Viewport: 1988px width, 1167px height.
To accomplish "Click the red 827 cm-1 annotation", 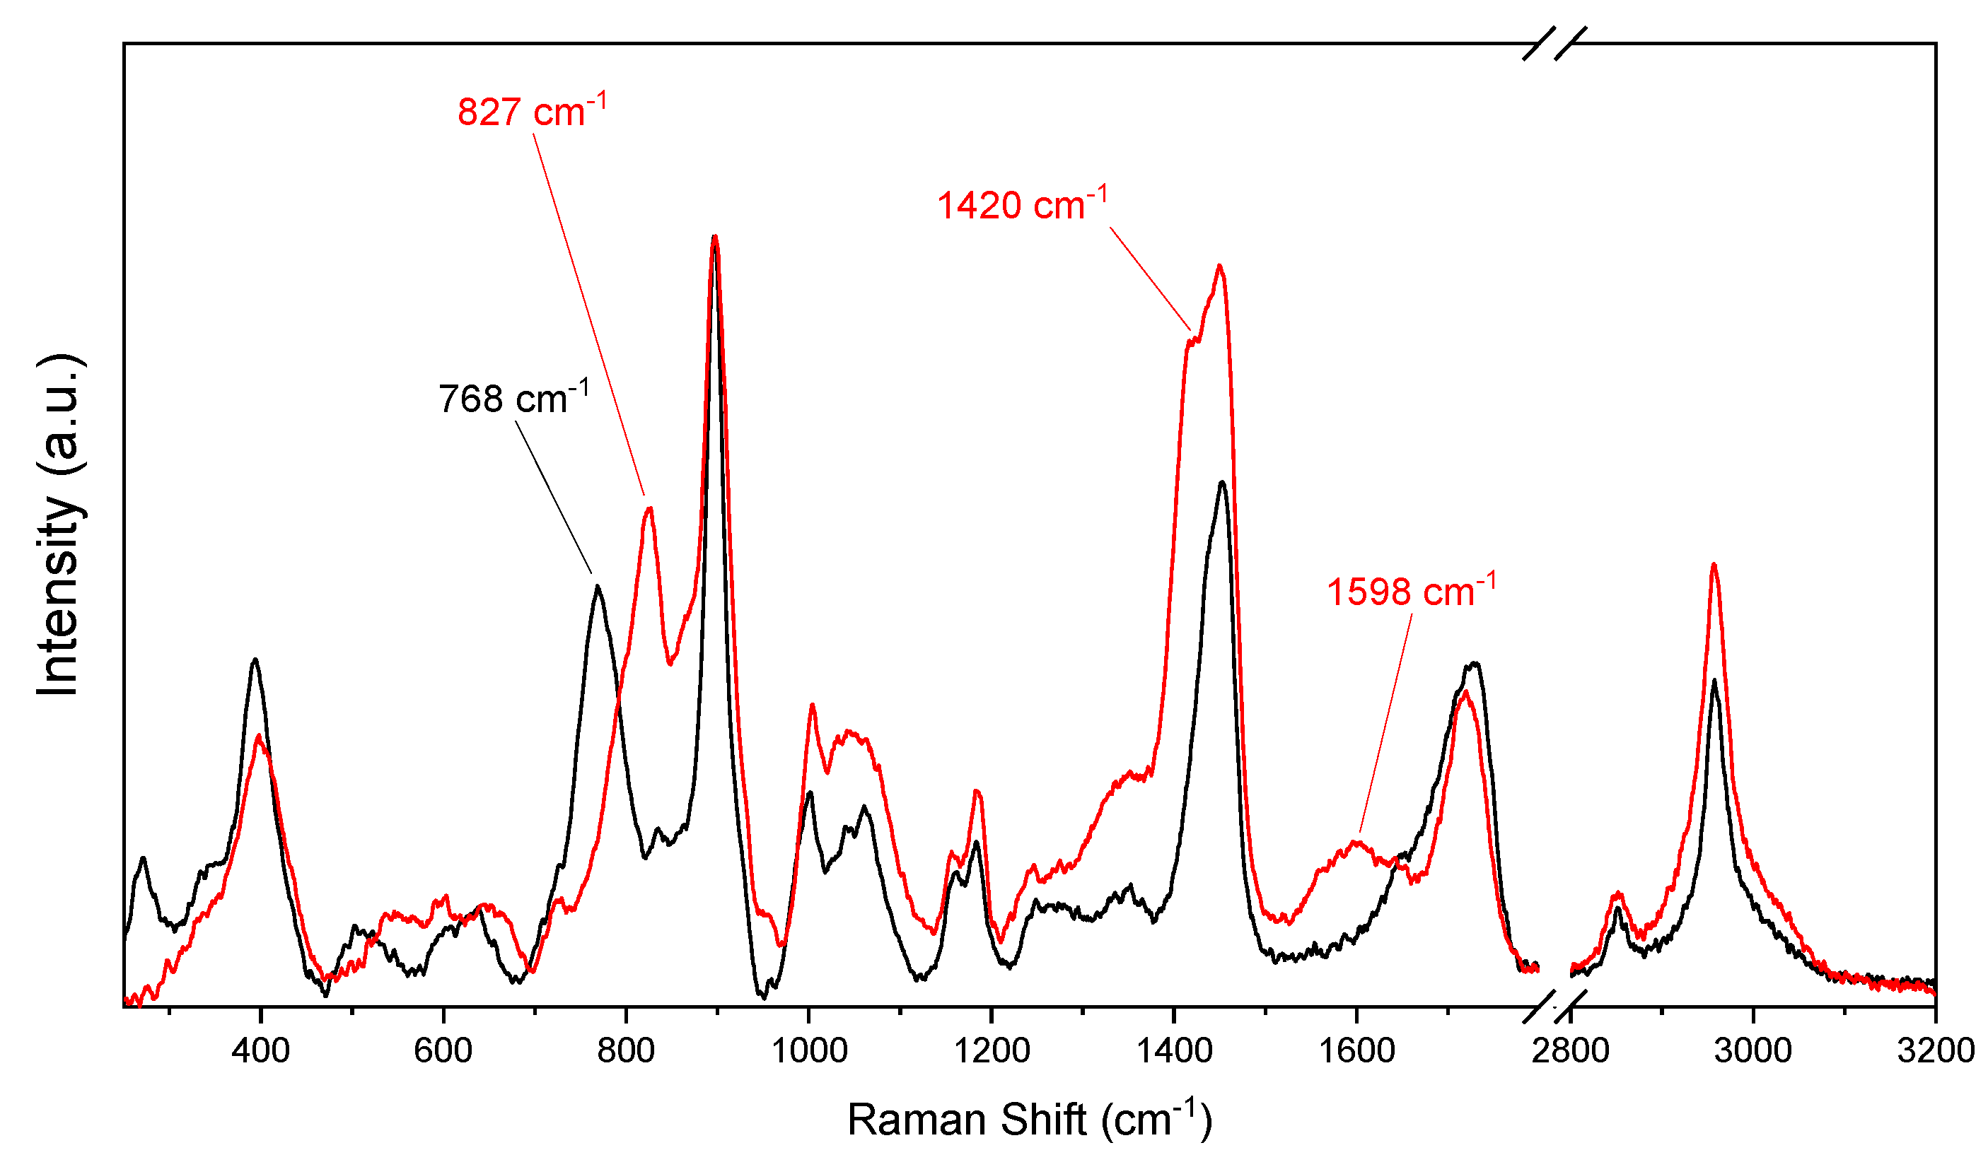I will (x=532, y=112).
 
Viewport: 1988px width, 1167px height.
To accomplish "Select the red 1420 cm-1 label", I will (x=1023, y=205).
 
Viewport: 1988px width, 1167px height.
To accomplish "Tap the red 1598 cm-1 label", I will (x=1410, y=592).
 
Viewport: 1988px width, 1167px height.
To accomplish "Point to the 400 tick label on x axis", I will (x=260, y=1051).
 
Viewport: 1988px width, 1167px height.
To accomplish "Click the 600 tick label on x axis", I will (x=443, y=1051).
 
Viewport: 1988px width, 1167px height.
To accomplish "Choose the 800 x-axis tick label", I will (x=626, y=1051).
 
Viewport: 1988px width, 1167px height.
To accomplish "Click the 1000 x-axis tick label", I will (x=808, y=1051).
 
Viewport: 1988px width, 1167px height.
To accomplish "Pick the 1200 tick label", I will (x=992, y=1051).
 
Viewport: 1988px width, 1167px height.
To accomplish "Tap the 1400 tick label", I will (x=1174, y=1051).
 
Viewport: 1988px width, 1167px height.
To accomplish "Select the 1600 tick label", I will (x=1357, y=1051).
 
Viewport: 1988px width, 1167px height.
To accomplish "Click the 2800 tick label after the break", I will (x=1570, y=1051).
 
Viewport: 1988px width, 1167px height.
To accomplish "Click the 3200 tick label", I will (x=1935, y=1051).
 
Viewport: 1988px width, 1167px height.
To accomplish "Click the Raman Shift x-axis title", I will (x=1029, y=1120).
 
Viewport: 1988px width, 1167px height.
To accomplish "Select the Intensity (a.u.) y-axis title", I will (x=59, y=525).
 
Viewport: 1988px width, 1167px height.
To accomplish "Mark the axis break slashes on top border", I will (x=1553, y=43).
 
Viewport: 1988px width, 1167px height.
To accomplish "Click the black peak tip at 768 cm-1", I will (x=598, y=587).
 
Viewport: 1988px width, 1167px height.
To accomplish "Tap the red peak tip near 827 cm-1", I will (x=649, y=509).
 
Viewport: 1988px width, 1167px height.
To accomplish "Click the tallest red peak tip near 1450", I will (x=1220, y=266).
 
